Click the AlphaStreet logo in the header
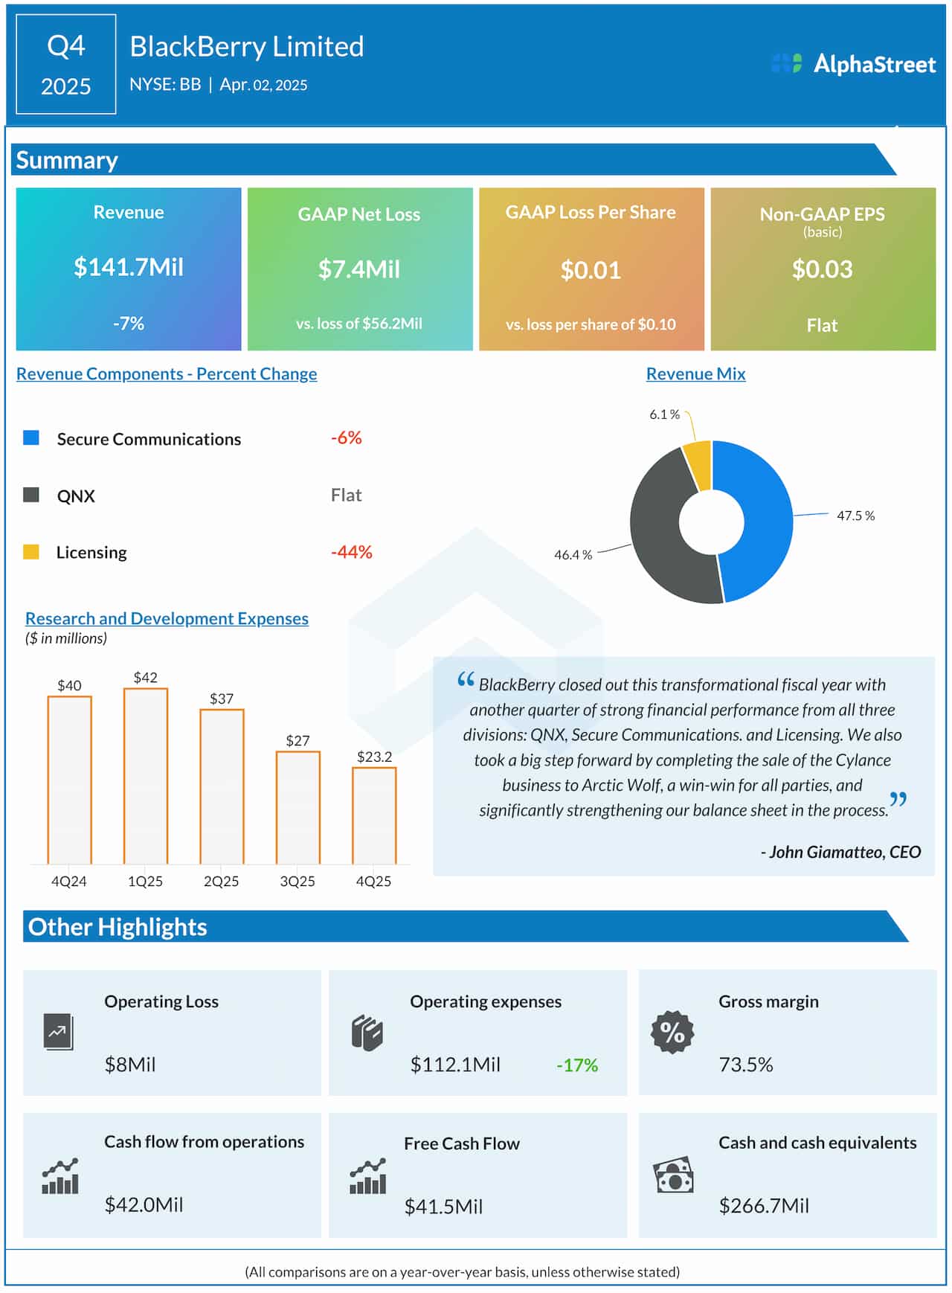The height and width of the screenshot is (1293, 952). coord(853,64)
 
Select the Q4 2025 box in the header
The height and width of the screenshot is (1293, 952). coord(65,65)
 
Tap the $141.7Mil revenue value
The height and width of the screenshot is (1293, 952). coord(128,267)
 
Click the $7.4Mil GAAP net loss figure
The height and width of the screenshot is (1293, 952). coord(359,269)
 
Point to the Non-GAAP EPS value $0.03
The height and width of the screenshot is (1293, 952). coord(822,269)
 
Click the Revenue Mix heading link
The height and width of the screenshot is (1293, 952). coord(695,374)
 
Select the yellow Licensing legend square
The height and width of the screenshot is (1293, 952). coord(31,552)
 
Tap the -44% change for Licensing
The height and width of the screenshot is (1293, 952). coord(351,552)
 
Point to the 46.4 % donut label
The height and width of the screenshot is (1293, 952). coord(573,555)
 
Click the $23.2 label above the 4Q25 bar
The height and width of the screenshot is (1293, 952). coord(374,757)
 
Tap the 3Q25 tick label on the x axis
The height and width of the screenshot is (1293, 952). coord(297,882)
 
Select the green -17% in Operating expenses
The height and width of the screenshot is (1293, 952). coord(577,1065)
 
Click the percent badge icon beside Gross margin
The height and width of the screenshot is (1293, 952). coord(672,1033)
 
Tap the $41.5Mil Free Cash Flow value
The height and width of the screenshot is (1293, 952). coord(443,1207)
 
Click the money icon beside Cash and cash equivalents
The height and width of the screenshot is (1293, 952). coord(673,1176)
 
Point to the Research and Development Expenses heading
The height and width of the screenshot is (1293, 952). coord(167,619)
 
